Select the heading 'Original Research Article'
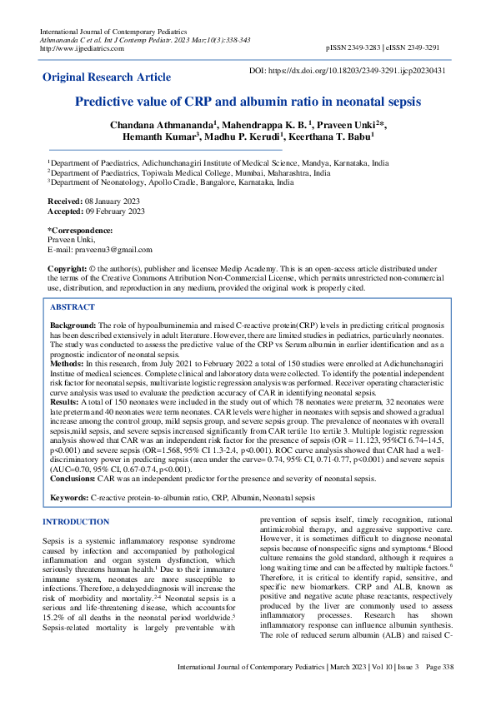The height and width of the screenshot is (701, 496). click(x=108, y=77)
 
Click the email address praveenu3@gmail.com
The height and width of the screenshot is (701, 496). click(x=113, y=250)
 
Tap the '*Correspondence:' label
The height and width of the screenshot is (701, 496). click(x=80, y=230)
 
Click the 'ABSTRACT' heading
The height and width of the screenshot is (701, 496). click(x=73, y=307)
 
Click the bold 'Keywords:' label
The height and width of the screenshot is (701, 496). click(x=70, y=497)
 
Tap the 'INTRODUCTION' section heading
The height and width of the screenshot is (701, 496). click(x=75, y=522)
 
